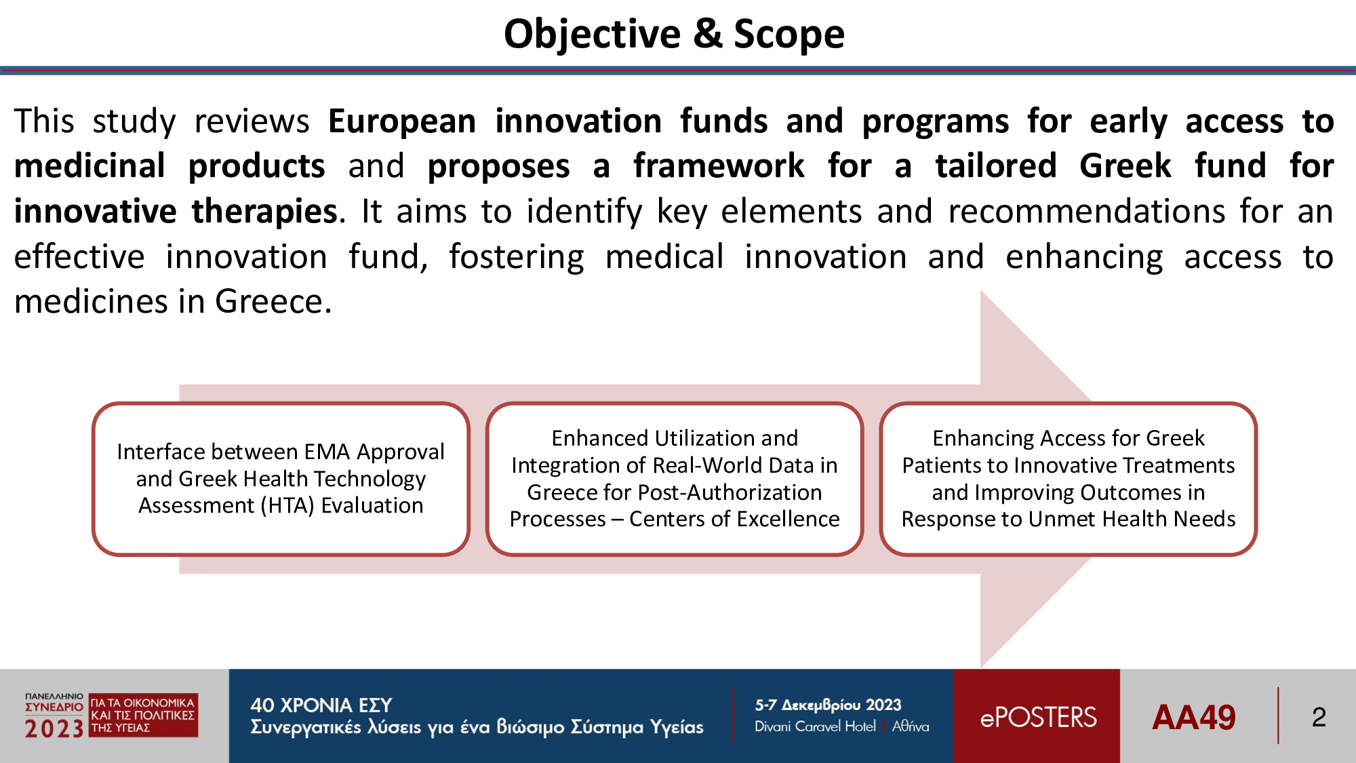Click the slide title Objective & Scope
[674, 34]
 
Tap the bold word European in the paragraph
[402, 122]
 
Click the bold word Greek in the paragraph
[1125, 166]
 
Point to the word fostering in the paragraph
[517, 258]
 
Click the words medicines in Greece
[173, 302]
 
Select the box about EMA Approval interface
[281, 479]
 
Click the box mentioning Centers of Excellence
[675, 479]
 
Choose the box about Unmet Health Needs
[1069, 479]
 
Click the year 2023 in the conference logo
[54, 729]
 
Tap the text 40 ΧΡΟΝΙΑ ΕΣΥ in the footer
[321, 705]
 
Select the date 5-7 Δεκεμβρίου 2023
[829, 705]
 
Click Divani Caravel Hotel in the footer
[815, 726]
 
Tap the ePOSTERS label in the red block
[1038, 718]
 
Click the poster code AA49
[1194, 718]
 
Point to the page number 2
[1319, 718]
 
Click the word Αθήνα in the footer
[911, 726]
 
